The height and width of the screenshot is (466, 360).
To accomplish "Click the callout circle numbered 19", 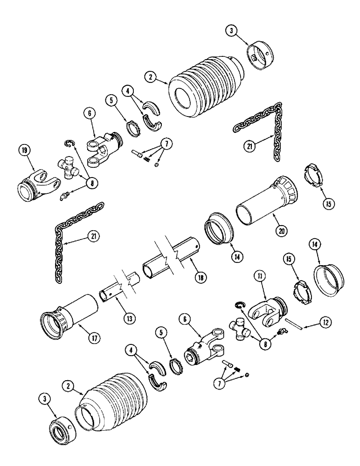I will (24, 151).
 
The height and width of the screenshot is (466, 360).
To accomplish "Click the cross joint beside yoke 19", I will (69, 168).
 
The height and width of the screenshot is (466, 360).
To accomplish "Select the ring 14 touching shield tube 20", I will (219, 228).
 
